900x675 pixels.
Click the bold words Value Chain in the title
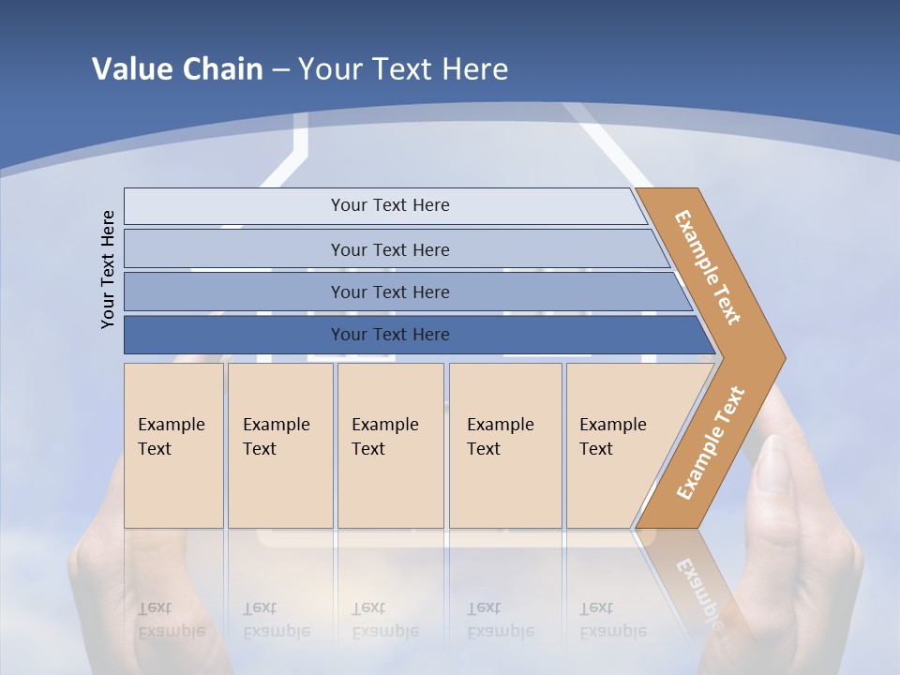coord(177,69)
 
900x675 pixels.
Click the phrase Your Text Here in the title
coord(403,69)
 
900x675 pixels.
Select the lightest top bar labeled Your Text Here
coord(389,205)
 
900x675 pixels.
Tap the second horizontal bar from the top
coord(389,249)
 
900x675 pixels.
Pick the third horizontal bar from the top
coord(389,292)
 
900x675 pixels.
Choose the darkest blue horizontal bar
coord(389,335)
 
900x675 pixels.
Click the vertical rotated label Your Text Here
coord(108,269)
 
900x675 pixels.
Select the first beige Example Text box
coord(173,445)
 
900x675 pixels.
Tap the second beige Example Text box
coord(279,445)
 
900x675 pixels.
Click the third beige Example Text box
coord(389,445)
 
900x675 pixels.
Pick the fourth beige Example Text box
coord(504,445)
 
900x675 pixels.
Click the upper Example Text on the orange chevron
coord(708,267)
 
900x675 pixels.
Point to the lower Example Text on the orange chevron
coord(710,442)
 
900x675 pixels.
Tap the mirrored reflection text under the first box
coord(171,620)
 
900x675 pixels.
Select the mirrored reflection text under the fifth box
coord(612,620)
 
